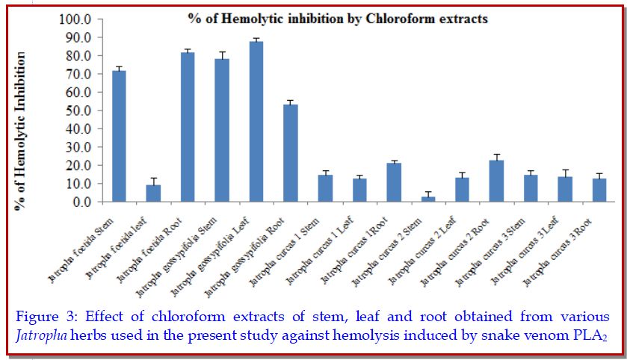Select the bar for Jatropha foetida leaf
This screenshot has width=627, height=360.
(x=153, y=193)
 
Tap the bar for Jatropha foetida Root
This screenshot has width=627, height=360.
(x=188, y=127)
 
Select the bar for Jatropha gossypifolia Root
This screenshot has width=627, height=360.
(x=291, y=153)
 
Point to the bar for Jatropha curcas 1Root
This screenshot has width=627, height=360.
(x=394, y=182)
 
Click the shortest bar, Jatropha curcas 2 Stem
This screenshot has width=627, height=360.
(x=428, y=199)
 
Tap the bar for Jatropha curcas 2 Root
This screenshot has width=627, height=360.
(x=497, y=181)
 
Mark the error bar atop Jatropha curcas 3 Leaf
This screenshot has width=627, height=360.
(x=566, y=173)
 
